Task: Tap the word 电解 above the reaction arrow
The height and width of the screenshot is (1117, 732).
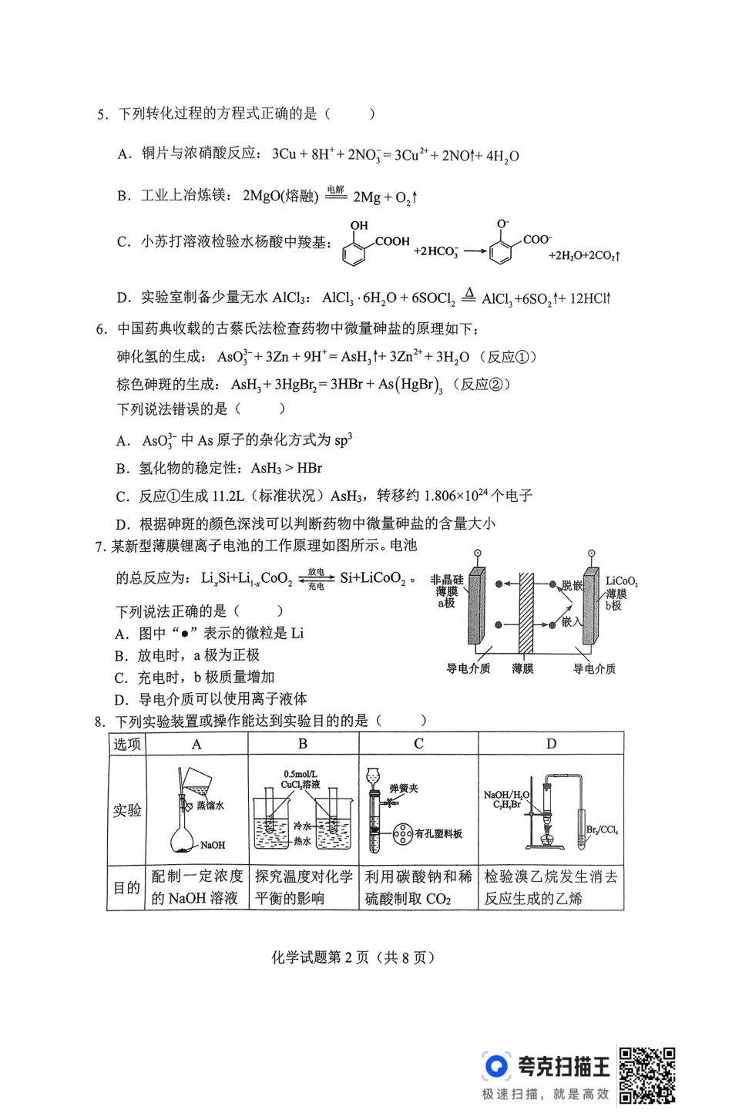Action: click(x=335, y=190)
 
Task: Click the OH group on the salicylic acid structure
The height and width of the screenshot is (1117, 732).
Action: click(x=359, y=225)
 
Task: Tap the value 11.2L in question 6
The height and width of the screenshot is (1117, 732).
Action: click(x=227, y=496)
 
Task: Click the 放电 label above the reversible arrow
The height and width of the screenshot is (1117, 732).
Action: click(x=316, y=571)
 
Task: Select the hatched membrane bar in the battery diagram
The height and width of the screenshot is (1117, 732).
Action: click(x=525, y=613)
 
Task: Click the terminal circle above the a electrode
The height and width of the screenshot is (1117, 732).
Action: click(x=478, y=553)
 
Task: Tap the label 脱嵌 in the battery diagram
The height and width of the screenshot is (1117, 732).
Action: click(x=572, y=585)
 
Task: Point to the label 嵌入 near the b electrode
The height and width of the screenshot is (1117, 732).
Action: click(x=571, y=621)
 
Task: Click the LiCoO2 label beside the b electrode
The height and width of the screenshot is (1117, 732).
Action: click(x=621, y=581)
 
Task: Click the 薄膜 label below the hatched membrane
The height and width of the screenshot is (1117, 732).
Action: click(x=522, y=668)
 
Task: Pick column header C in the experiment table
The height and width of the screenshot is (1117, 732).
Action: click(x=418, y=743)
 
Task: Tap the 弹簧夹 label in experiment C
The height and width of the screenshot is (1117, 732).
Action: click(x=403, y=789)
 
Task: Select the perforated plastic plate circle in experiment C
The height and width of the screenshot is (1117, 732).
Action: click(x=403, y=833)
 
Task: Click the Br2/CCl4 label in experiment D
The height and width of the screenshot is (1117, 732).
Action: click(x=602, y=830)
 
